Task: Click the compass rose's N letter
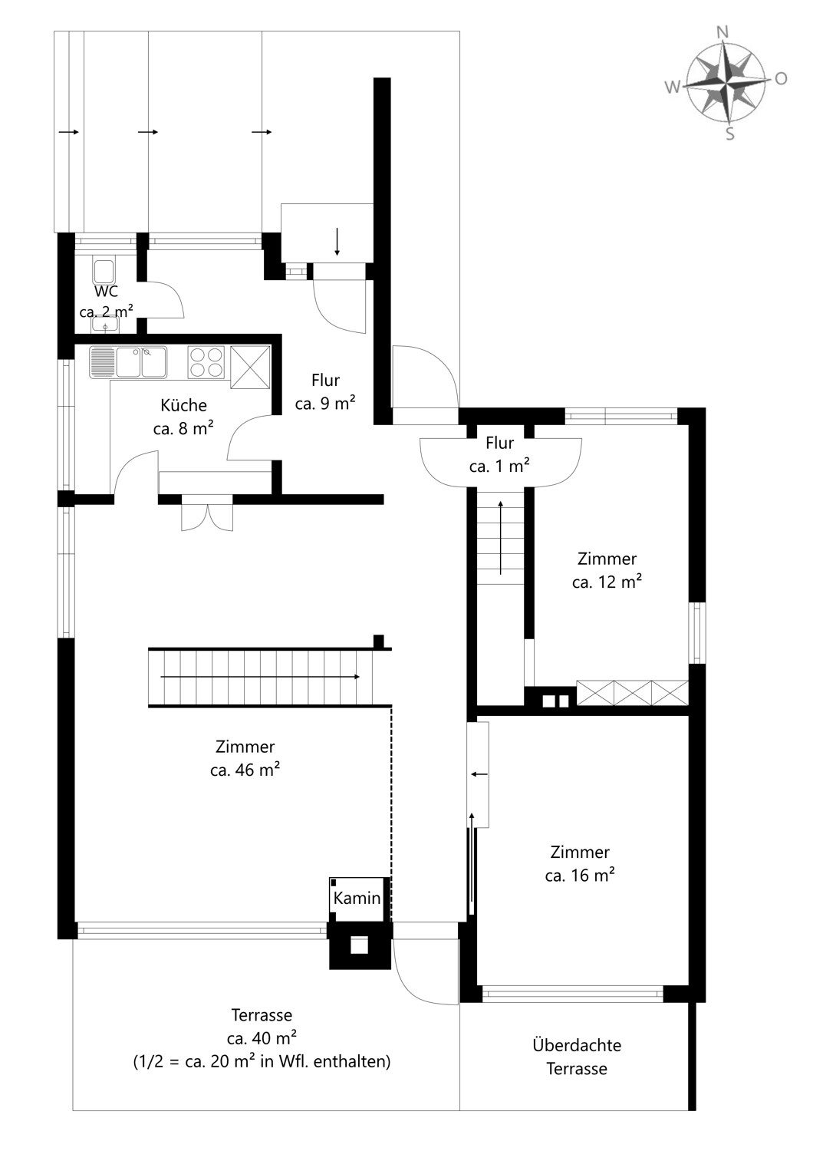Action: pyautogui.click(x=722, y=31)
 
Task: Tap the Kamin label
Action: pyautogui.click(x=357, y=898)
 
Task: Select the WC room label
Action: pyautogui.click(x=106, y=292)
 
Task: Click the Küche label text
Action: pyautogui.click(x=183, y=405)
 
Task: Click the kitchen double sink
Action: pyautogui.click(x=128, y=362)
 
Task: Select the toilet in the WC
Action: pyautogui.click(x=104, y=272)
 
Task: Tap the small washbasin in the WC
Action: pyautogui.click(x=105, y=325)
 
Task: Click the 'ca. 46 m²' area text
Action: pyautogui.click(x=245, y=770)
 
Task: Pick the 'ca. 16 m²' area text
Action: pyautogui.click(x=580, y=876)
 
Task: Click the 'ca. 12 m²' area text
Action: pyautogui.click(x=607, y=582)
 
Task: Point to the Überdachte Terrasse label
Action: pyautogui.click(x=577, y=1057)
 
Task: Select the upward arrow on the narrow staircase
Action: pyautogui.click(x=501, y=537)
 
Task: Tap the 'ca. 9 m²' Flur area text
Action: pyautogui.click(x=325, y=404)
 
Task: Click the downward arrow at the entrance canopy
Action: pyautogui.click(x=337, y=241)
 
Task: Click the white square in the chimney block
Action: pyautogui.click(x=360, y=945)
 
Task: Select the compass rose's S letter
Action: pyautogui.click(x=730, y=135)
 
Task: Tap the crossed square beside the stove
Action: pyautogui.click(x=250, y=368)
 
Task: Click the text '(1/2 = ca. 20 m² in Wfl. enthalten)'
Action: pyautogui.click(x=262, y=1063)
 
